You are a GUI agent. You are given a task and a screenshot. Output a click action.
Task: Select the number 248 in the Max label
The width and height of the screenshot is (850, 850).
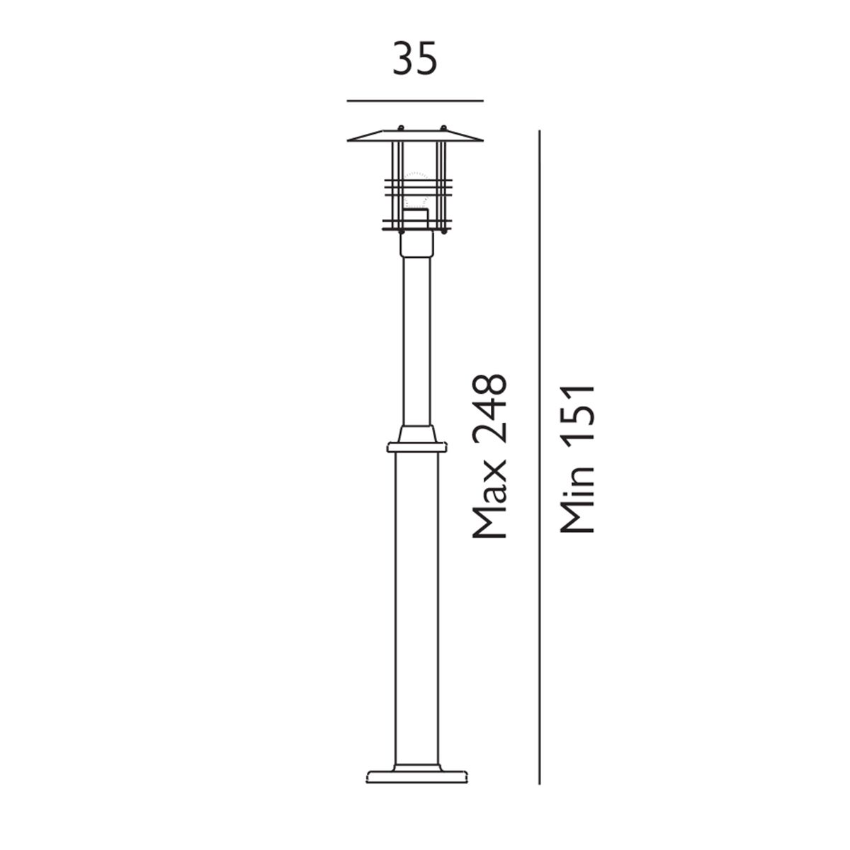pyautogui.click(x=489, y=411)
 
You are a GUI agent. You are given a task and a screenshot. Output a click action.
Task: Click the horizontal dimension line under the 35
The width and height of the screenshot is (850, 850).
pyautogui.click(x=415, y=101)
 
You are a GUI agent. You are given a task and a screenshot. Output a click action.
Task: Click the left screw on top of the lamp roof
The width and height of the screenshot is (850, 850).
pyautogui.click(x=400, y=129)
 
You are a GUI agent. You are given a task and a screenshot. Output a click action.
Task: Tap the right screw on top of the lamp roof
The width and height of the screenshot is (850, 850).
pyautogui.click(x=443, y=129)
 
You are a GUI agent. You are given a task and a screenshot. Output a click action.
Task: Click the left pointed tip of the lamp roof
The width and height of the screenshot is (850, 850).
pyautogui.click(x=348, y=140)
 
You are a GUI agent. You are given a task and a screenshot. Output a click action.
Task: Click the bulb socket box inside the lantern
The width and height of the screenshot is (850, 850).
pyautogui.click(x=416, y=217)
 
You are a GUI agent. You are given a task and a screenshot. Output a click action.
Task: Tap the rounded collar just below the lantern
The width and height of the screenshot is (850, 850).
pyautogui.click(x=416, y=245)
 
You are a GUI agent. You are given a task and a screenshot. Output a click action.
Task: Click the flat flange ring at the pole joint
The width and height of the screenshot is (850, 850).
pyautogui.click(x=418, y=448)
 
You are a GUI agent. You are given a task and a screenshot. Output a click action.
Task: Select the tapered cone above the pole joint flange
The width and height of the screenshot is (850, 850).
pyautogui.click(x=417, y=434)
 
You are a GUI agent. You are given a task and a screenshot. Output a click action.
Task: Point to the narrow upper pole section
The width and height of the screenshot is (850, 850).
pyautogui.click(x=416, y=340)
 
